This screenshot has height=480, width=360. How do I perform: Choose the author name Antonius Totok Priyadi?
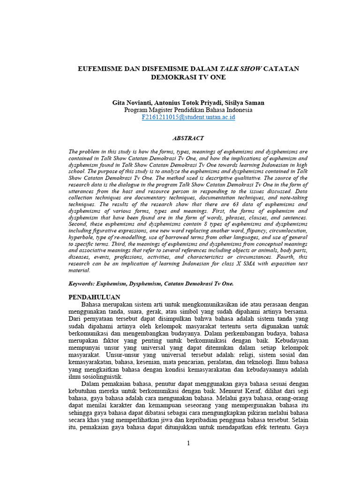pyautogui.click(x=189, y=102)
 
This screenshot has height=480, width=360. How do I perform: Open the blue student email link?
pyautogui.click(x=188, y=117)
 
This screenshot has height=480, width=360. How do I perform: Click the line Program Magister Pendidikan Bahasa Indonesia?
pyautogui.click(x=188, y=110)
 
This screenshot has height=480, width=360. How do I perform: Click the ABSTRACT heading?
pyautogui.click(x=188, y=138)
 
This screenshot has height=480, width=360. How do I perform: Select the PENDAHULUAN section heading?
pyautogui.click(x=94, y=297)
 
